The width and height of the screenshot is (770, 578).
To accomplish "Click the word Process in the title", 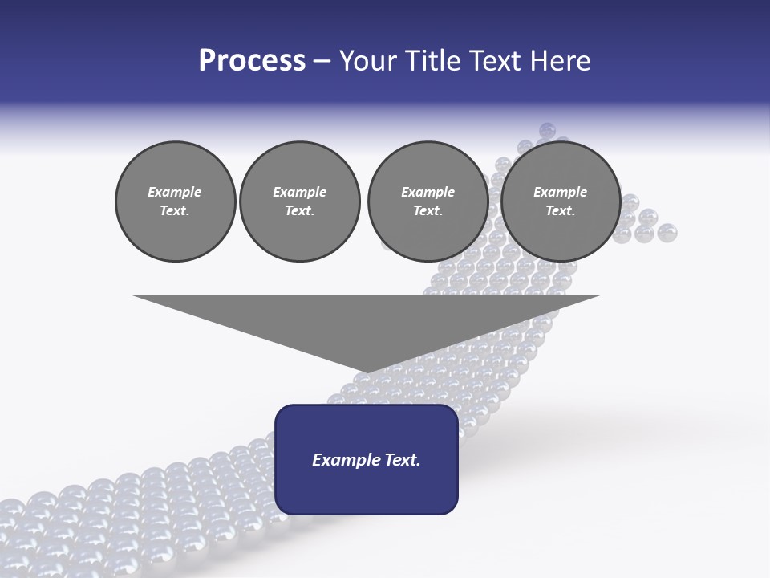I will click(x=252, y=61).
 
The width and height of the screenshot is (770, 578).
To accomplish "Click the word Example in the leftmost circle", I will click(x=175, y=192).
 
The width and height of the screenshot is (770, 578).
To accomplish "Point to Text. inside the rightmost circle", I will click(x=560, y=211).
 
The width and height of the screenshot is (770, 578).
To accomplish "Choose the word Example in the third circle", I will click(x=428, y=192).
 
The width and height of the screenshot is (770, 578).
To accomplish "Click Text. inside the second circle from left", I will click(x=300, y=211).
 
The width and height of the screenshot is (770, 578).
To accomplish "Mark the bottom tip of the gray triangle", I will click(x=367, y=372).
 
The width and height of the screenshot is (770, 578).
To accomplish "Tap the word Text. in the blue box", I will click(x=403, y=460).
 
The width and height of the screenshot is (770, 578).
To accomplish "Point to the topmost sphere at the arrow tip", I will click(x=548, y=130).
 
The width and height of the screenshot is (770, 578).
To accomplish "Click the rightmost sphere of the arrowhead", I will click(x=667, y=233).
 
